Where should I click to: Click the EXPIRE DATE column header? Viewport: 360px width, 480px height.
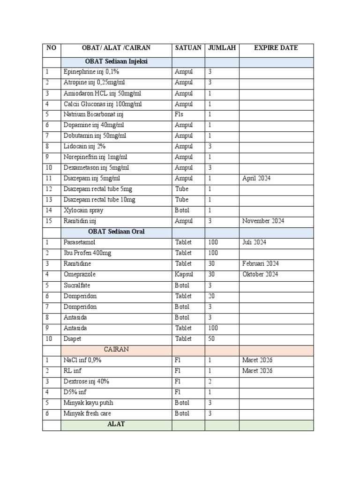[x=276, y=48]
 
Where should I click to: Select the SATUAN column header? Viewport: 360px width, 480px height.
[x=188, y=48]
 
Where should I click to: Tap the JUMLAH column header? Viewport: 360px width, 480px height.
[x=222, y=48]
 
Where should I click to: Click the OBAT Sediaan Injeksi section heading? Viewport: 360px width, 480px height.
[x=116, y=62]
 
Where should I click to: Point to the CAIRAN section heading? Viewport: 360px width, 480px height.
[x=116, y=350]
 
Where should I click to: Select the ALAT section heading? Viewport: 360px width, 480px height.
[x=116, y=424]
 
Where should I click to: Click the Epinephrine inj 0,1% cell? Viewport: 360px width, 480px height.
[x=91, y=72]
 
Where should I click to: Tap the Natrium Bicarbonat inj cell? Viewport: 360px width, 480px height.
[x=93, y=114]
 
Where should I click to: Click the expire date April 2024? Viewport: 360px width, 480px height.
[x=256, y=179]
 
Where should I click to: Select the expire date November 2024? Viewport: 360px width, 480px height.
[x=263, y=221]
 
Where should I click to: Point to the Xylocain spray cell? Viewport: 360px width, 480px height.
[x=83, y=210]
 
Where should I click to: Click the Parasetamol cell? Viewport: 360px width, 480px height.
[x=79, y=242]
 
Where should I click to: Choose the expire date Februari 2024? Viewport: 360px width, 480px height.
[x=261, y=264]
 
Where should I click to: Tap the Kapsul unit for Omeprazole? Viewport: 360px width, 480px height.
[x=184, y=275]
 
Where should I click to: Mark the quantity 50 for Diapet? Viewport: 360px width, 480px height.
[x=211, y=339]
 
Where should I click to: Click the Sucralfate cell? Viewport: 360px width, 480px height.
[x=77, y=285]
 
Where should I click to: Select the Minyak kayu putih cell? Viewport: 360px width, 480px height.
[x=88, y=403]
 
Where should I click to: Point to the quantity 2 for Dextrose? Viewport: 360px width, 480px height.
[x=210, y=382]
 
